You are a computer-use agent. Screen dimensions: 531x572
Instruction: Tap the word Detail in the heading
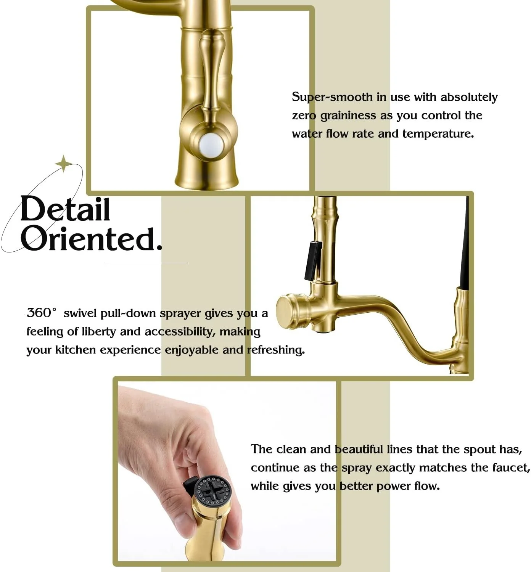(x=65, y=209)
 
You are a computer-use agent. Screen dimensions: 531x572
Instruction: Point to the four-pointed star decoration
(x=64, y=164)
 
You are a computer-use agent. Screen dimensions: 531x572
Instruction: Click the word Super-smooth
(x=332, y=97)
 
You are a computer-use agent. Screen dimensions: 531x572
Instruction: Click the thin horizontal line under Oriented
(x=146, y=263)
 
